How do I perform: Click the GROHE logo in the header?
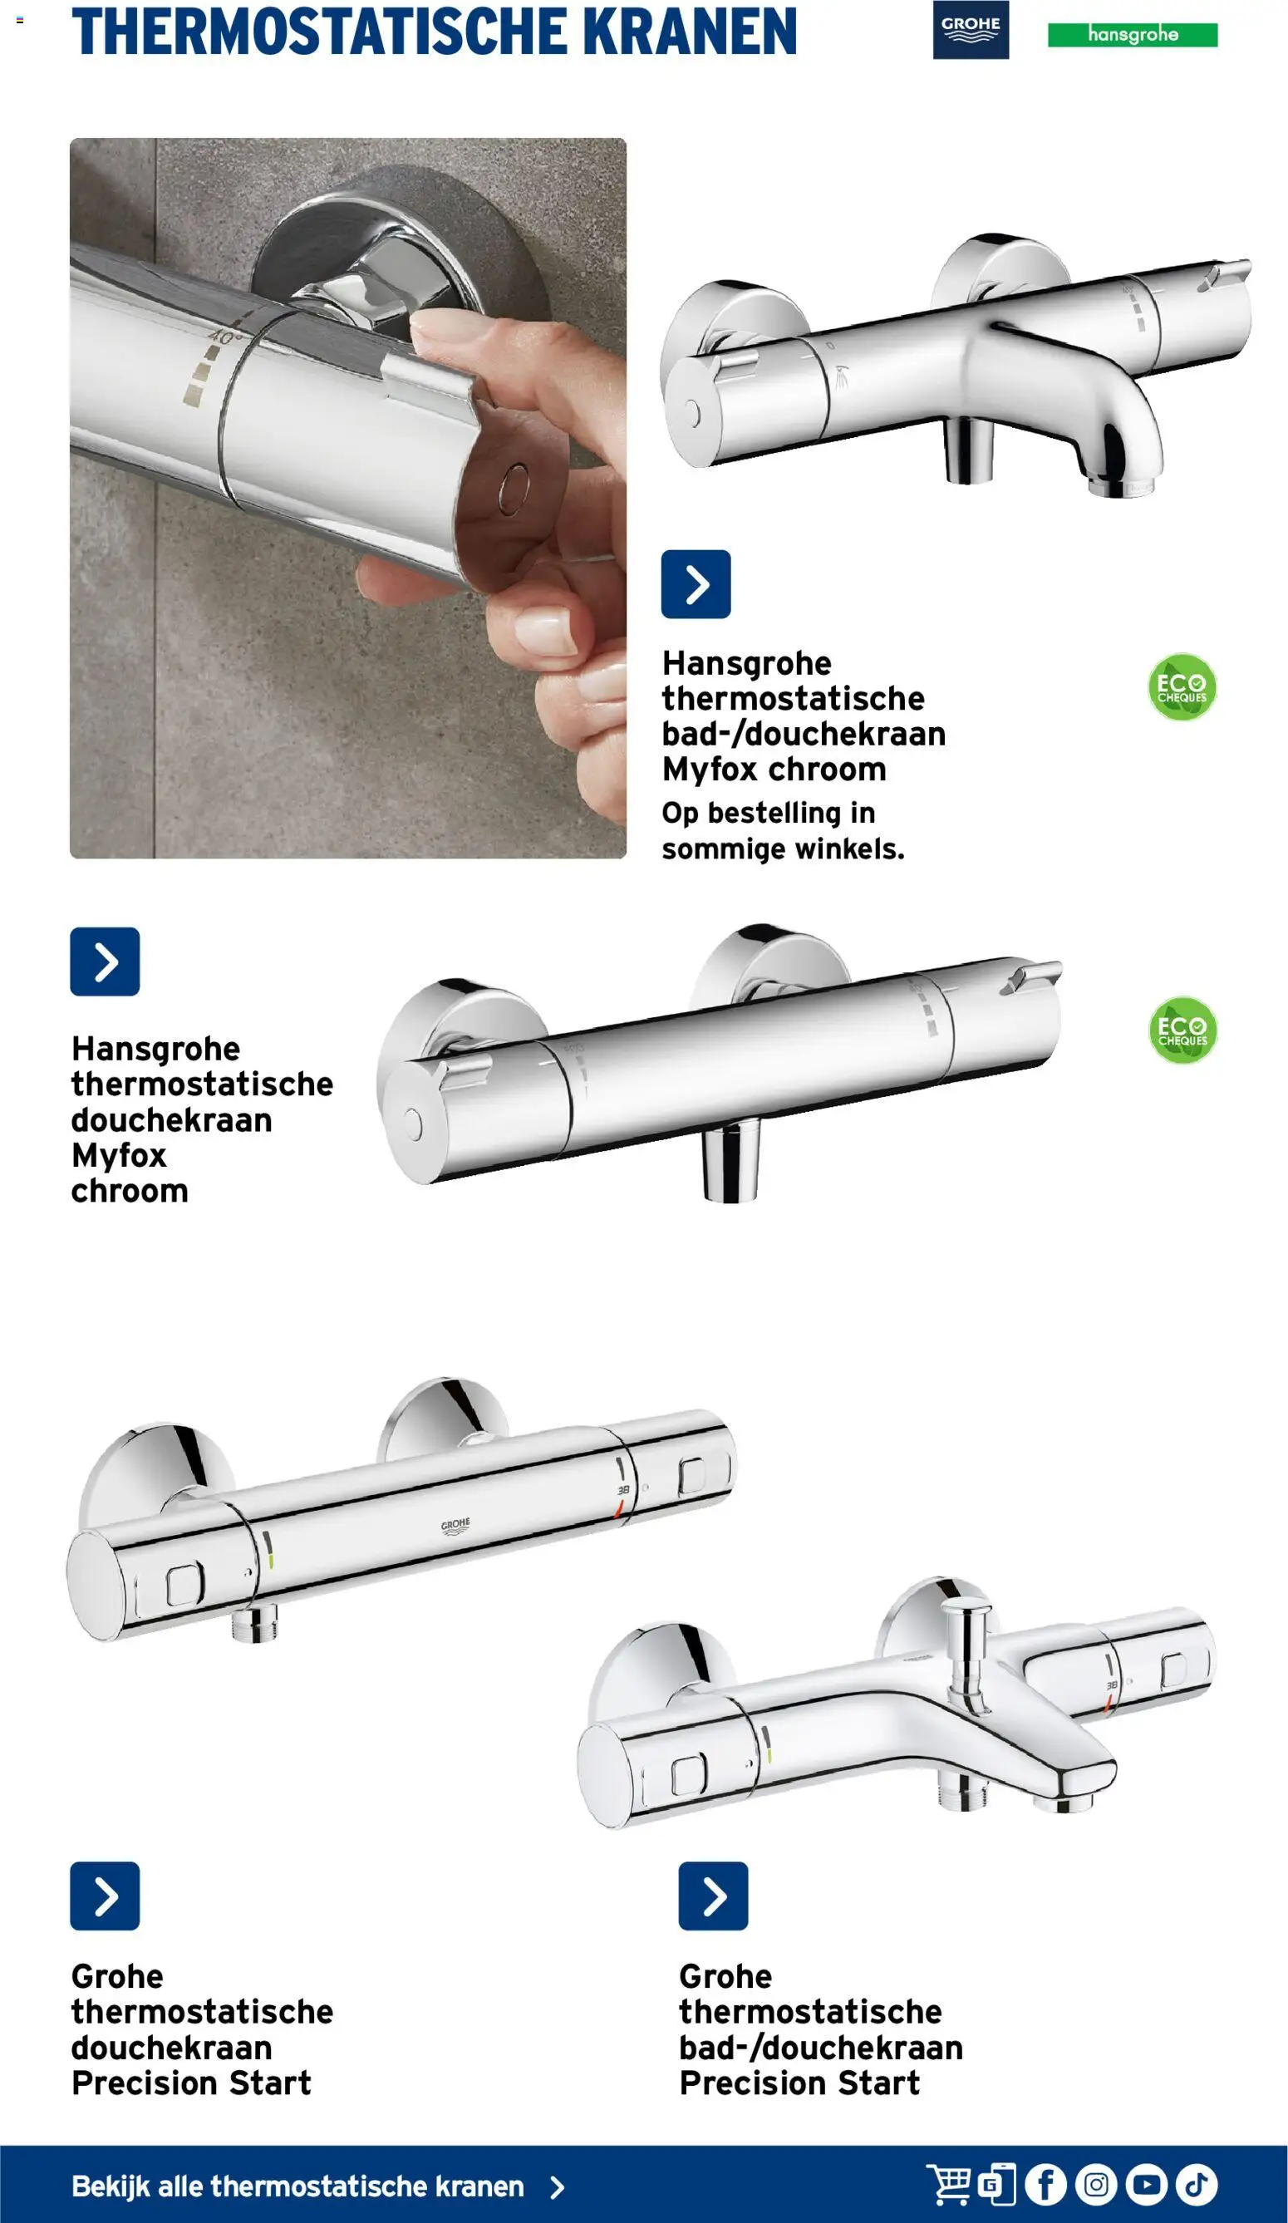(x=971, y=30)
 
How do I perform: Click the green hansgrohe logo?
(x=1132, y=34)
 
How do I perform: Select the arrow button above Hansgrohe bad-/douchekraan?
(x=696, y=584)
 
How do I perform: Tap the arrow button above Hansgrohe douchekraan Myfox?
(x=105, y=961)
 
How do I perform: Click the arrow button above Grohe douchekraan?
(x=105, y=1896)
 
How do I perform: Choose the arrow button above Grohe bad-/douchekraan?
(x=713, y=1896)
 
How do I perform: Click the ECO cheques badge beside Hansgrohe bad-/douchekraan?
(x=1182, y=686)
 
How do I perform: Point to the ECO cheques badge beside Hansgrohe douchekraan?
(x=1182, y=1030)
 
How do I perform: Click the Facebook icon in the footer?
(x=1046, y=2184)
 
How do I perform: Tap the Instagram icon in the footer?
(x=1097, y=2184)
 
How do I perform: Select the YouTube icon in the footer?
(x=1147, y=2184)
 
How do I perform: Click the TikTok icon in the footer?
(x=1197, y=2184)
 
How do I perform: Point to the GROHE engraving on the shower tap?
(x=455, y=1527)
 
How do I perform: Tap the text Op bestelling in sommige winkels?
(x=784, y=830)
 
